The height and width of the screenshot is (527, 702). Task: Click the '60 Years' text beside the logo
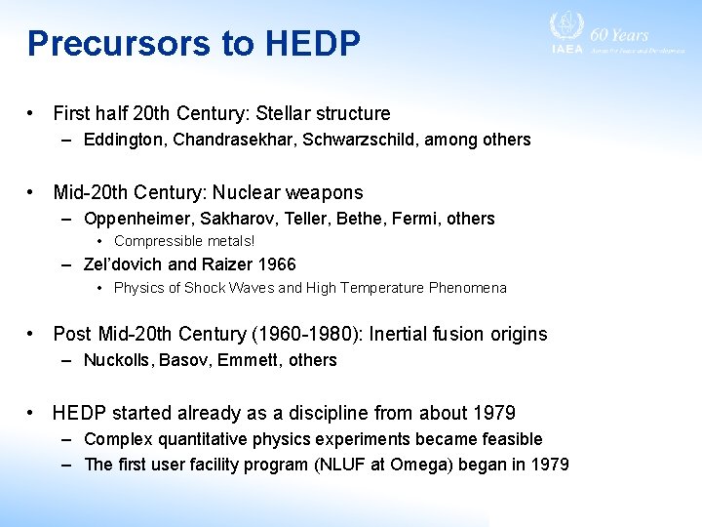625,35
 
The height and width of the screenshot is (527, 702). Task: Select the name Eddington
124,140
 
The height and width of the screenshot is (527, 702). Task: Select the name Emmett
248,360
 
